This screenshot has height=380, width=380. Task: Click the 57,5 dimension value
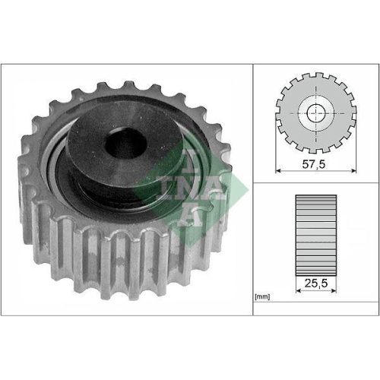(x=315, y=163)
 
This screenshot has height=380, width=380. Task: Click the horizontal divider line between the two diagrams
(x=315, y=182)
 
